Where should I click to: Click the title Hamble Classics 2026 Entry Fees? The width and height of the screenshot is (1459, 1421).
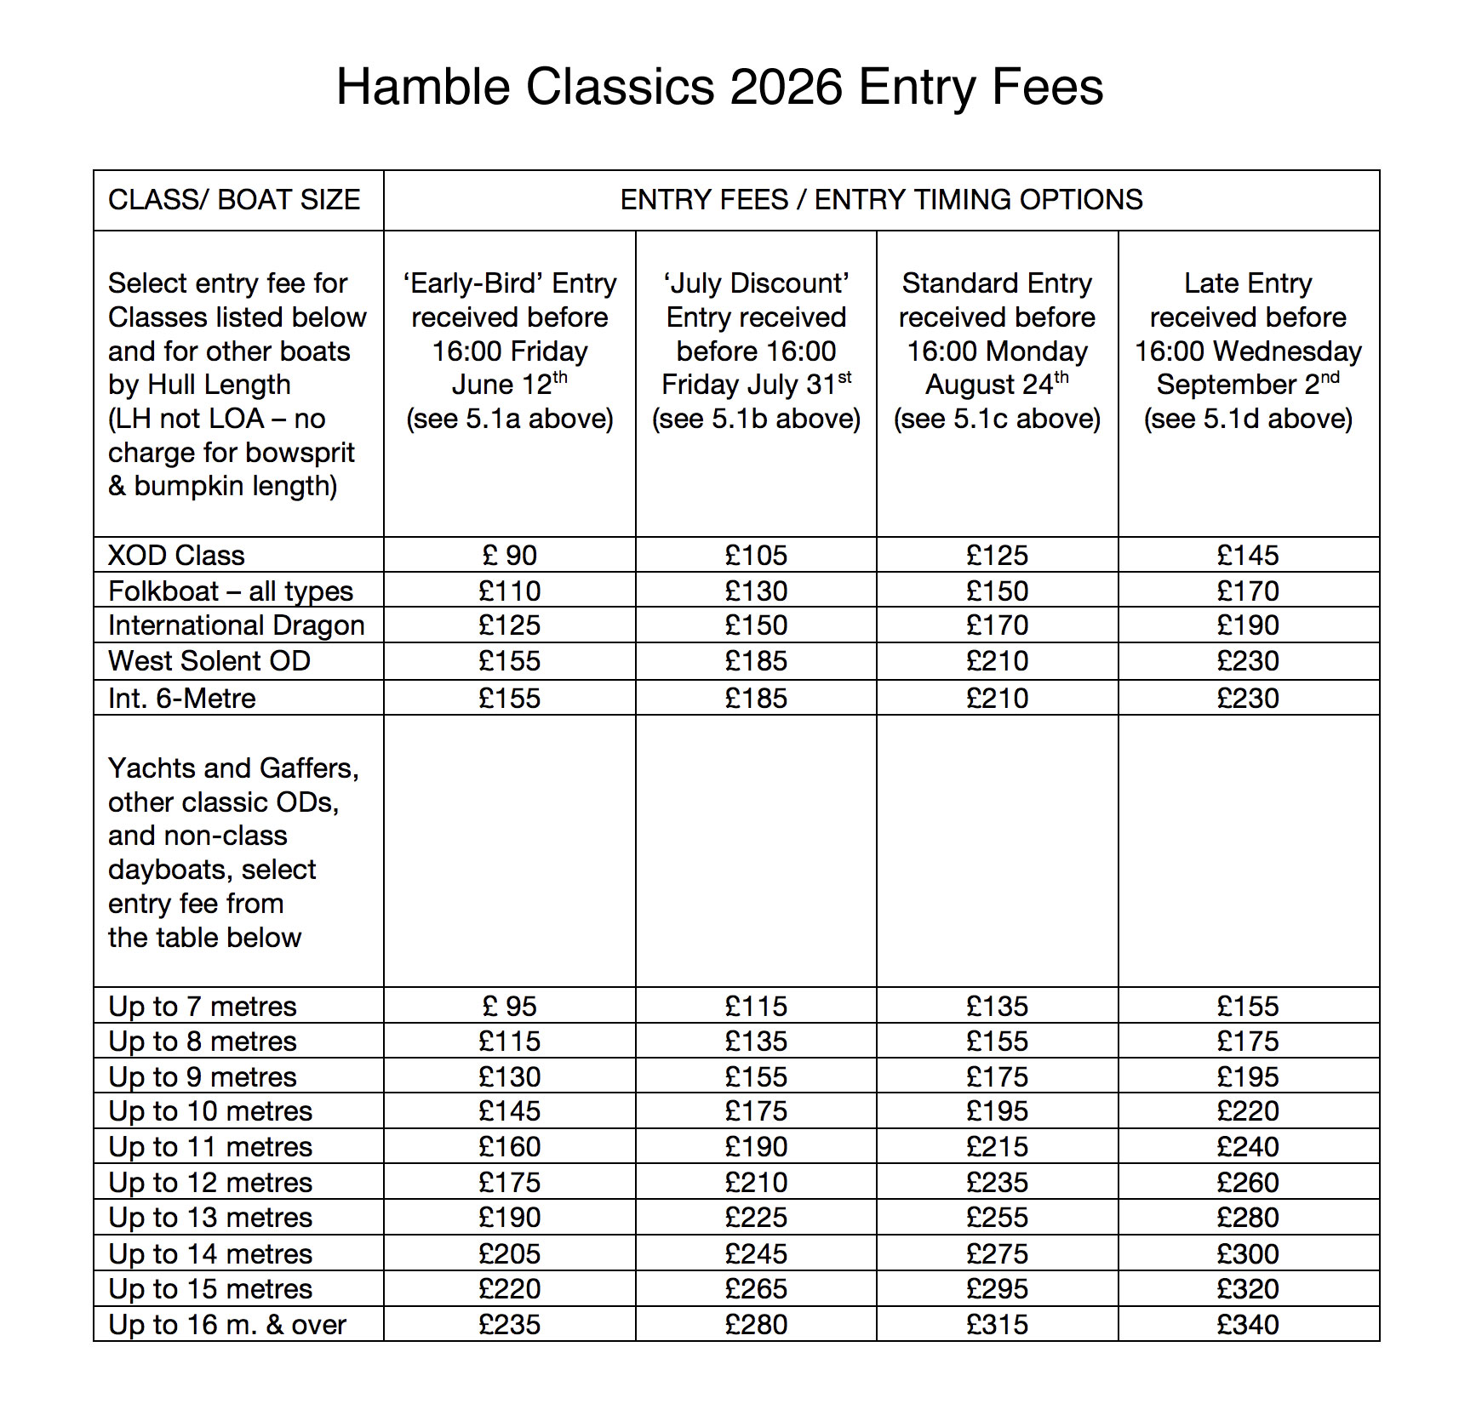(x=719, y=87)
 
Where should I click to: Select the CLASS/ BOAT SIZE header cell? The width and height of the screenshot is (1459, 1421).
(x=234, y=200)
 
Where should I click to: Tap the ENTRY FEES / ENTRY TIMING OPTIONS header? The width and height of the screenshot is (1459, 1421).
(x=881, y=200)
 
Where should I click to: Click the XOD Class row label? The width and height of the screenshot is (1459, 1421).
(x=176, y=556)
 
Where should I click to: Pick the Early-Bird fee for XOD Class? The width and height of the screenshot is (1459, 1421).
(x=509, y=556)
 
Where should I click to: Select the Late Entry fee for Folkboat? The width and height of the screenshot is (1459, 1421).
(x=1247, y=591)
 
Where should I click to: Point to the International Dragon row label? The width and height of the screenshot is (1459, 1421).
(x=236, y=625)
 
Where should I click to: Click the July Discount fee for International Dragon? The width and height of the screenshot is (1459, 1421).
(x=756, y=625)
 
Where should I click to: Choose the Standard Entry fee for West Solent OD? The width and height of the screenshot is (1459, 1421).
(x=997, y=661)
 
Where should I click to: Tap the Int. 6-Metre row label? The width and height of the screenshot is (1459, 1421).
(x=181, y=699)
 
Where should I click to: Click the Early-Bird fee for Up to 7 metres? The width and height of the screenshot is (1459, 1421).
(x=509, y=1007)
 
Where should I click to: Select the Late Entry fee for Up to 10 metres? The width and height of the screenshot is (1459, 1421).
(x=1247, y=1111)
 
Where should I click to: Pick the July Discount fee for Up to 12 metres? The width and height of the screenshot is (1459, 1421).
(x=756, y=1183)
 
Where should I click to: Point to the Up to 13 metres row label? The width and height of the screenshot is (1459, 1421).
(x=210, y=1218)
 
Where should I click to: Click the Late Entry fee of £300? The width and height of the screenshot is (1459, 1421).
(x=1247, y=1254)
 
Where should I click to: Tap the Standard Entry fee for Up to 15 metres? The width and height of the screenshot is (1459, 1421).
(x=997, y=1289)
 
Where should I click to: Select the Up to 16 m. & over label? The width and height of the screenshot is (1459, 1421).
(x=227, y=1325)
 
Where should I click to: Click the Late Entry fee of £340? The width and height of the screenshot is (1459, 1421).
(x=1247, y=1325)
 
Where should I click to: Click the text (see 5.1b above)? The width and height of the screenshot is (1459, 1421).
(x=756, y=419)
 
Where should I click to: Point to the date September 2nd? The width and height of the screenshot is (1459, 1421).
(x=1247, y=384)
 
